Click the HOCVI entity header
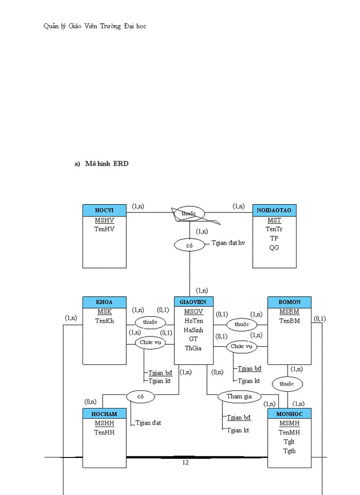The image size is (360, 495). click(x=105, y=210)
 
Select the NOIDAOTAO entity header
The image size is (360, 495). click(x=274, y=210)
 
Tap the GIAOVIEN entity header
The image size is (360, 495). click(x=194, y=302)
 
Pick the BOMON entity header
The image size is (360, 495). click(x=289, y=302)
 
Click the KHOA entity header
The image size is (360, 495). click(x=105, y=302)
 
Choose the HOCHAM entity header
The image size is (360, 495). click(x=105, y=413)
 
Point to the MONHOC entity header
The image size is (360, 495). click(x=289, y=413)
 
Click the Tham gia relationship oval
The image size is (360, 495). click(x=239, y=396)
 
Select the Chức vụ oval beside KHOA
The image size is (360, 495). click(x=150, y=342)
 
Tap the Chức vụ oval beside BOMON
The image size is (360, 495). click(x=242, y=346)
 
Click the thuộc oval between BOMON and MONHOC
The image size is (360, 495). click(x=286, y=383)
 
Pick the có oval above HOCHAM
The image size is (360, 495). click(x=141, y=396)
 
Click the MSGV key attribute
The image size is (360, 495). click(x=194, y=312)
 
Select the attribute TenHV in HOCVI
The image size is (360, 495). click(x=105, y=229)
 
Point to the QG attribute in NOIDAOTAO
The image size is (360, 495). click(x=274, y=247)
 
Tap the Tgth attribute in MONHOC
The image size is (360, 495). click(x=289, y=450)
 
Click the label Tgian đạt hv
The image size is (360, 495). click(x=228, y=242)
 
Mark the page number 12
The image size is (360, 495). click(x=185, y=462)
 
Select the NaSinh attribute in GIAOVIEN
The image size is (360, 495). click(x=194, y=330)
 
